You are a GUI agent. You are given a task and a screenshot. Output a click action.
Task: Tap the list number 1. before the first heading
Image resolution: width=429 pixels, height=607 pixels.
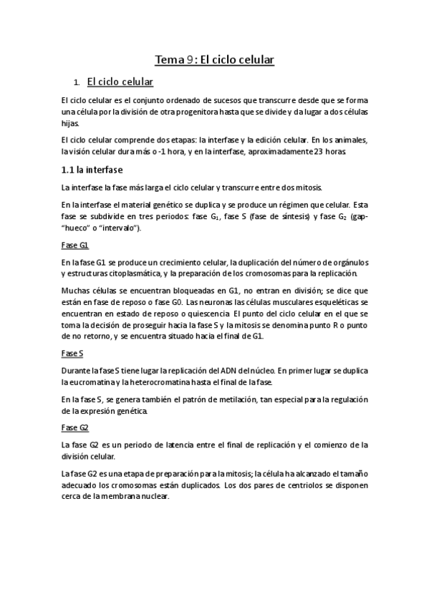tap(77, 83)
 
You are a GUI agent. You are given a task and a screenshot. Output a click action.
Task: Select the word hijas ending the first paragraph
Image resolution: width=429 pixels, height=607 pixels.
tap(70, 124)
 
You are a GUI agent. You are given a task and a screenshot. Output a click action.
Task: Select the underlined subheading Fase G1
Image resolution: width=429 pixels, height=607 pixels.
tap(75, 246)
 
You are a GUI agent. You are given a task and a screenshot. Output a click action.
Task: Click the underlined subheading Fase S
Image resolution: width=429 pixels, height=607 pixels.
tap(73, 353)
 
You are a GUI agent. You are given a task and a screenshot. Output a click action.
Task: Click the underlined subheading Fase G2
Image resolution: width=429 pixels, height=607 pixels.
tap(75, 427)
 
